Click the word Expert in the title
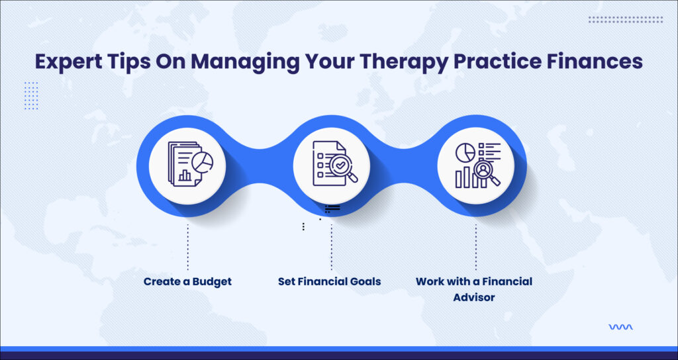click(x=63, y=62)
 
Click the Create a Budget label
click(x=187, y=282)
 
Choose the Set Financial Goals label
click(x=330, y=282)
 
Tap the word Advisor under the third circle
click(x=474, y=297)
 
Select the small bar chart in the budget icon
click(x=185, y=175)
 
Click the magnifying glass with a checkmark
click(x=343, y=167)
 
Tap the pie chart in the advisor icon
click(x=465, y=153)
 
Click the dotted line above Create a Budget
click(x=187, y=247)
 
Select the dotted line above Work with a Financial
click(x=475, y=247)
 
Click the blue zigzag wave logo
click(x=620, y=327)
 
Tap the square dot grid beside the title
click(x=31, y=95)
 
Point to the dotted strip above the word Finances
click(x=625, y=19)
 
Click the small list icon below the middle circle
click(x=332, y=209)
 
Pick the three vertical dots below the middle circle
click(x=303, y=226)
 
